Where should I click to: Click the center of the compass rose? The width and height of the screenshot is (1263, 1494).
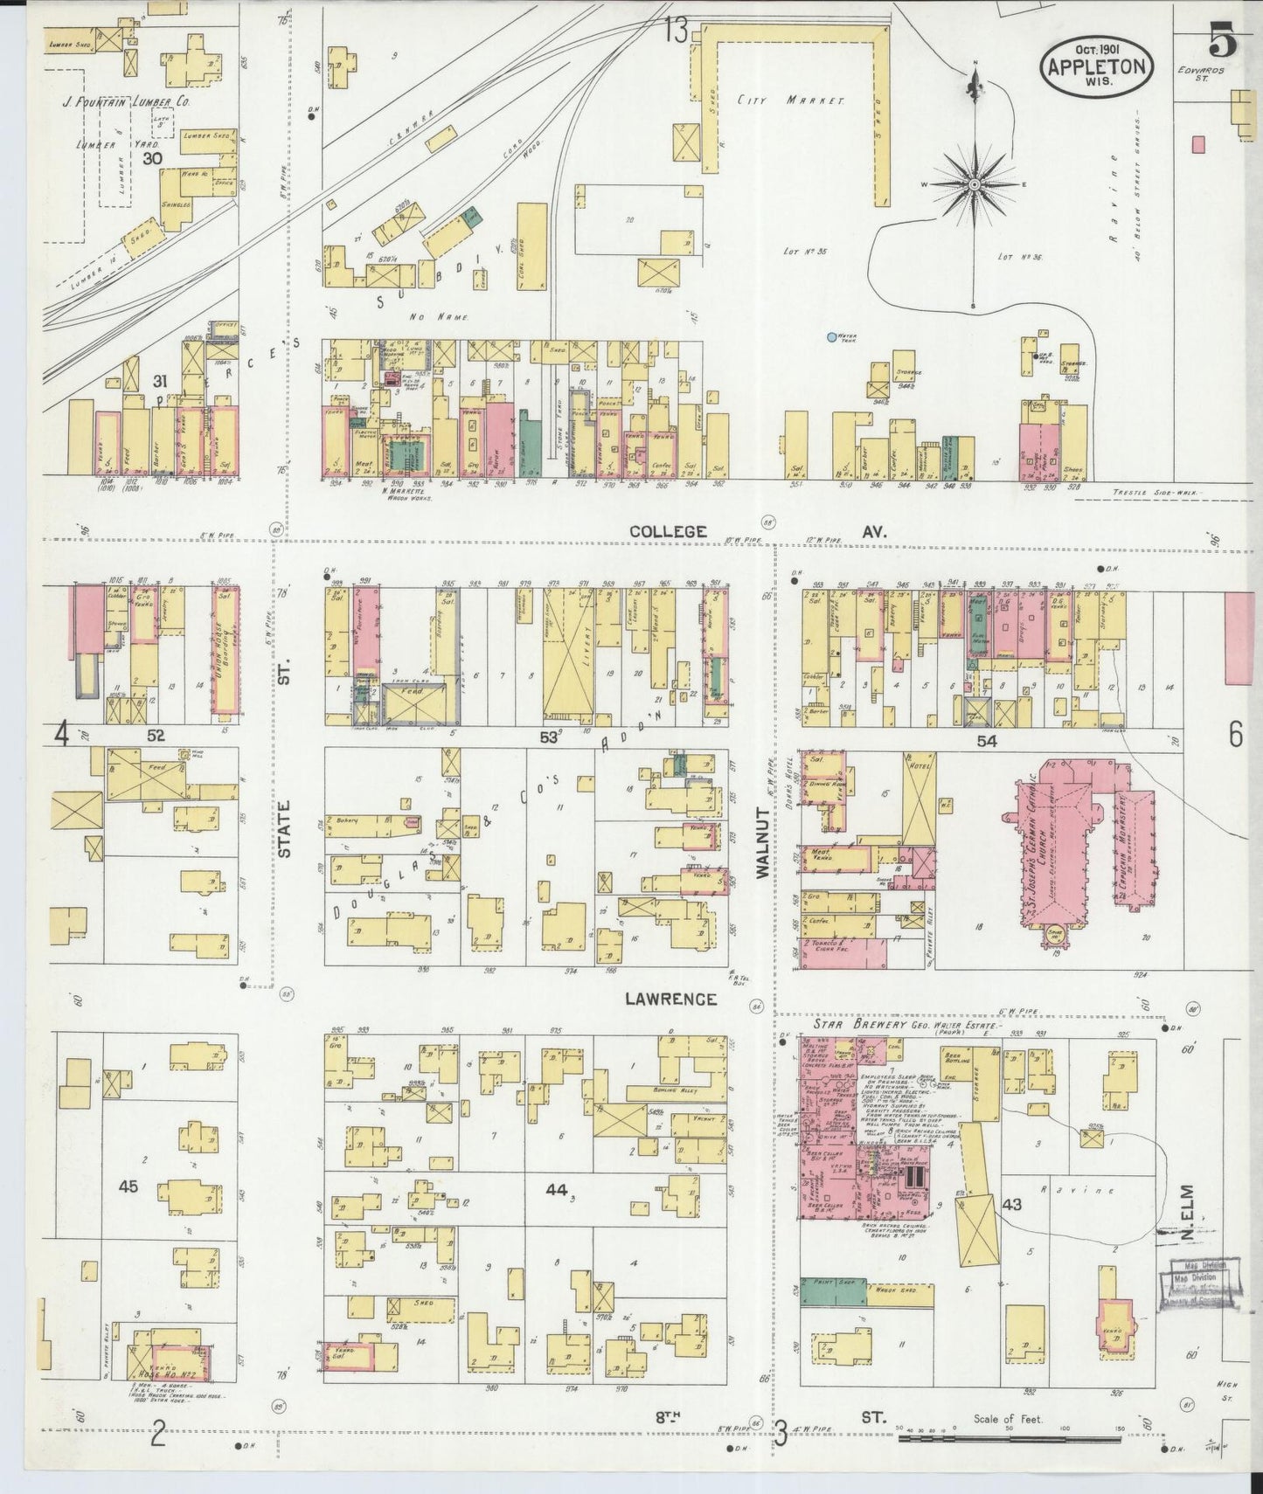974,185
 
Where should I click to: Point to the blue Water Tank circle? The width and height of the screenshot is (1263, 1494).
832,336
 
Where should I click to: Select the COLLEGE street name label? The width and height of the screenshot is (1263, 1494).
669,530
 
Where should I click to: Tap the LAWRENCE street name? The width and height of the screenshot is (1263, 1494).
670,999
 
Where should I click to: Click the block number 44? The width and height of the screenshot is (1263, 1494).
555,1189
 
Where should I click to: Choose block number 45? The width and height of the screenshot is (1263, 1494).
129,1186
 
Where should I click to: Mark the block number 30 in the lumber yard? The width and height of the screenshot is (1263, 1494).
152,158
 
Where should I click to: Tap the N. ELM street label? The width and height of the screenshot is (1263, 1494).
1186,1206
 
